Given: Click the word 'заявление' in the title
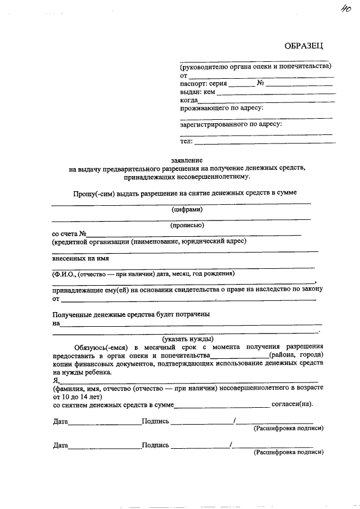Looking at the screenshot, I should point(187,160).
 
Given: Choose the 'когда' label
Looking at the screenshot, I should point(189,100).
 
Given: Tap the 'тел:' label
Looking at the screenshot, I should point(186,141).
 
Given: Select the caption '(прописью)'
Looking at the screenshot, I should point(187,225).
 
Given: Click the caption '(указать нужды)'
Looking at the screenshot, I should point(188,339).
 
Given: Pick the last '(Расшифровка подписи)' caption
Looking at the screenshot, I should point(289,452).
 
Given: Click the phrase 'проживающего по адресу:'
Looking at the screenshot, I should point(222,108).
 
